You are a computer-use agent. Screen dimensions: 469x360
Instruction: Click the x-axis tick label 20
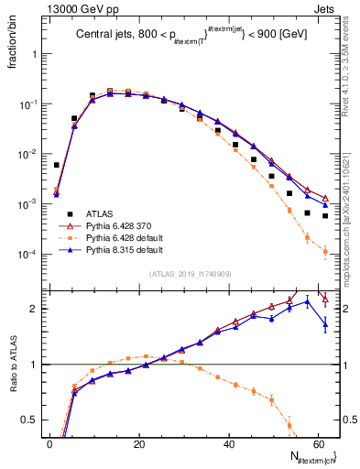point(139,442)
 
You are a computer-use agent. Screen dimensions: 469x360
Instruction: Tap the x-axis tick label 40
point(228,442)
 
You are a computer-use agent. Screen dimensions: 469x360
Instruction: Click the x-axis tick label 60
point(317,442)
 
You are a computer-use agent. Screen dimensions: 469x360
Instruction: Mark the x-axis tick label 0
point(49,442)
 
